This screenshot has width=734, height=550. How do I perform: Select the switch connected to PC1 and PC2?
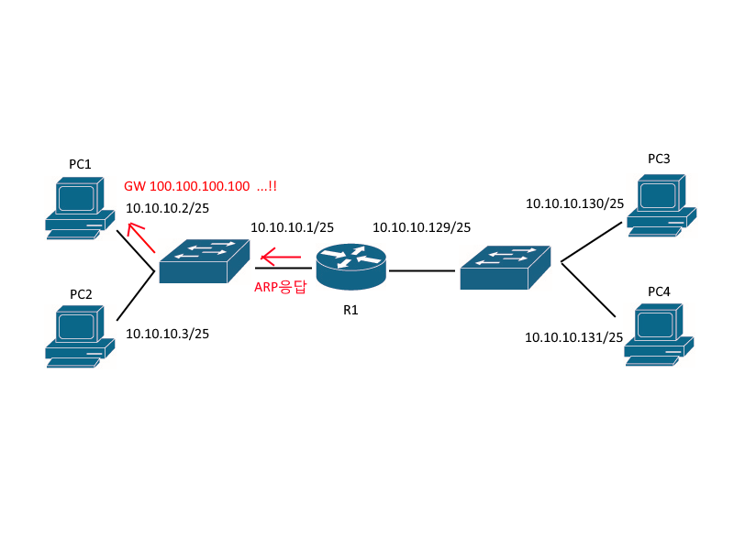(x=204, y=261)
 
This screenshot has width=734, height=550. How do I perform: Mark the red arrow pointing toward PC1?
(x=141, y=238)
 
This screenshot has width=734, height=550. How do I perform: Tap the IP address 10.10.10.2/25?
(x=167, y=208)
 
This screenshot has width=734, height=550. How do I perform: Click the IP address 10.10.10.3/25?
(x=167, y=334)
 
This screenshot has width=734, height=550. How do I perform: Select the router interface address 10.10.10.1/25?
(x=292, y=226)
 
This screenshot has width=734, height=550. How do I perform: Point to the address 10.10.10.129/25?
(x=421, y=226)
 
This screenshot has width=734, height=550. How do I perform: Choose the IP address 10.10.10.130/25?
(x=574, y=203)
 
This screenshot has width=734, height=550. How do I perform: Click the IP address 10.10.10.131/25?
(x=574, y=337)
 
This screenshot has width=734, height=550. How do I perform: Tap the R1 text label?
(x=350, y=310)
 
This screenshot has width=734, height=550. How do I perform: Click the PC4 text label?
(x=659, y=291)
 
